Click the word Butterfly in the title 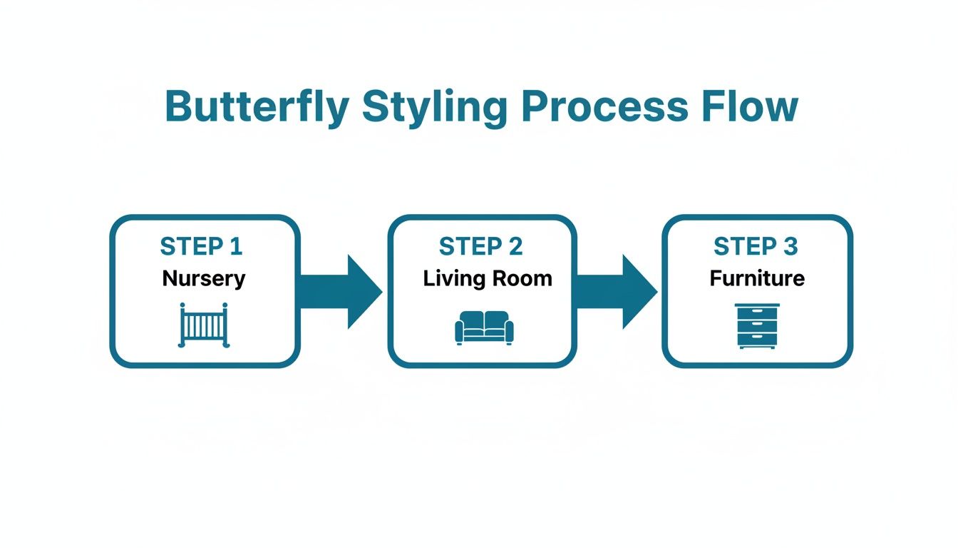(x=257, y=107)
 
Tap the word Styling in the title (x=434, y=107)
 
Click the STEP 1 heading (x=202, y=247)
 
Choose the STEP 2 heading (x=481, y=247)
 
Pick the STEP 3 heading (x=756, y=247)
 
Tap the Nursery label (x=204, y=278)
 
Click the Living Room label (x=488, y=278)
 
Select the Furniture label (x=757, y=278)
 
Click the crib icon (x=205, y=325)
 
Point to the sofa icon (x=484, y=328)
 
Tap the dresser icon (x=757, y=326)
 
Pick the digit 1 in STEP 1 (x=236, y=247)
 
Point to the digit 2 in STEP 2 (x=515, y=247)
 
